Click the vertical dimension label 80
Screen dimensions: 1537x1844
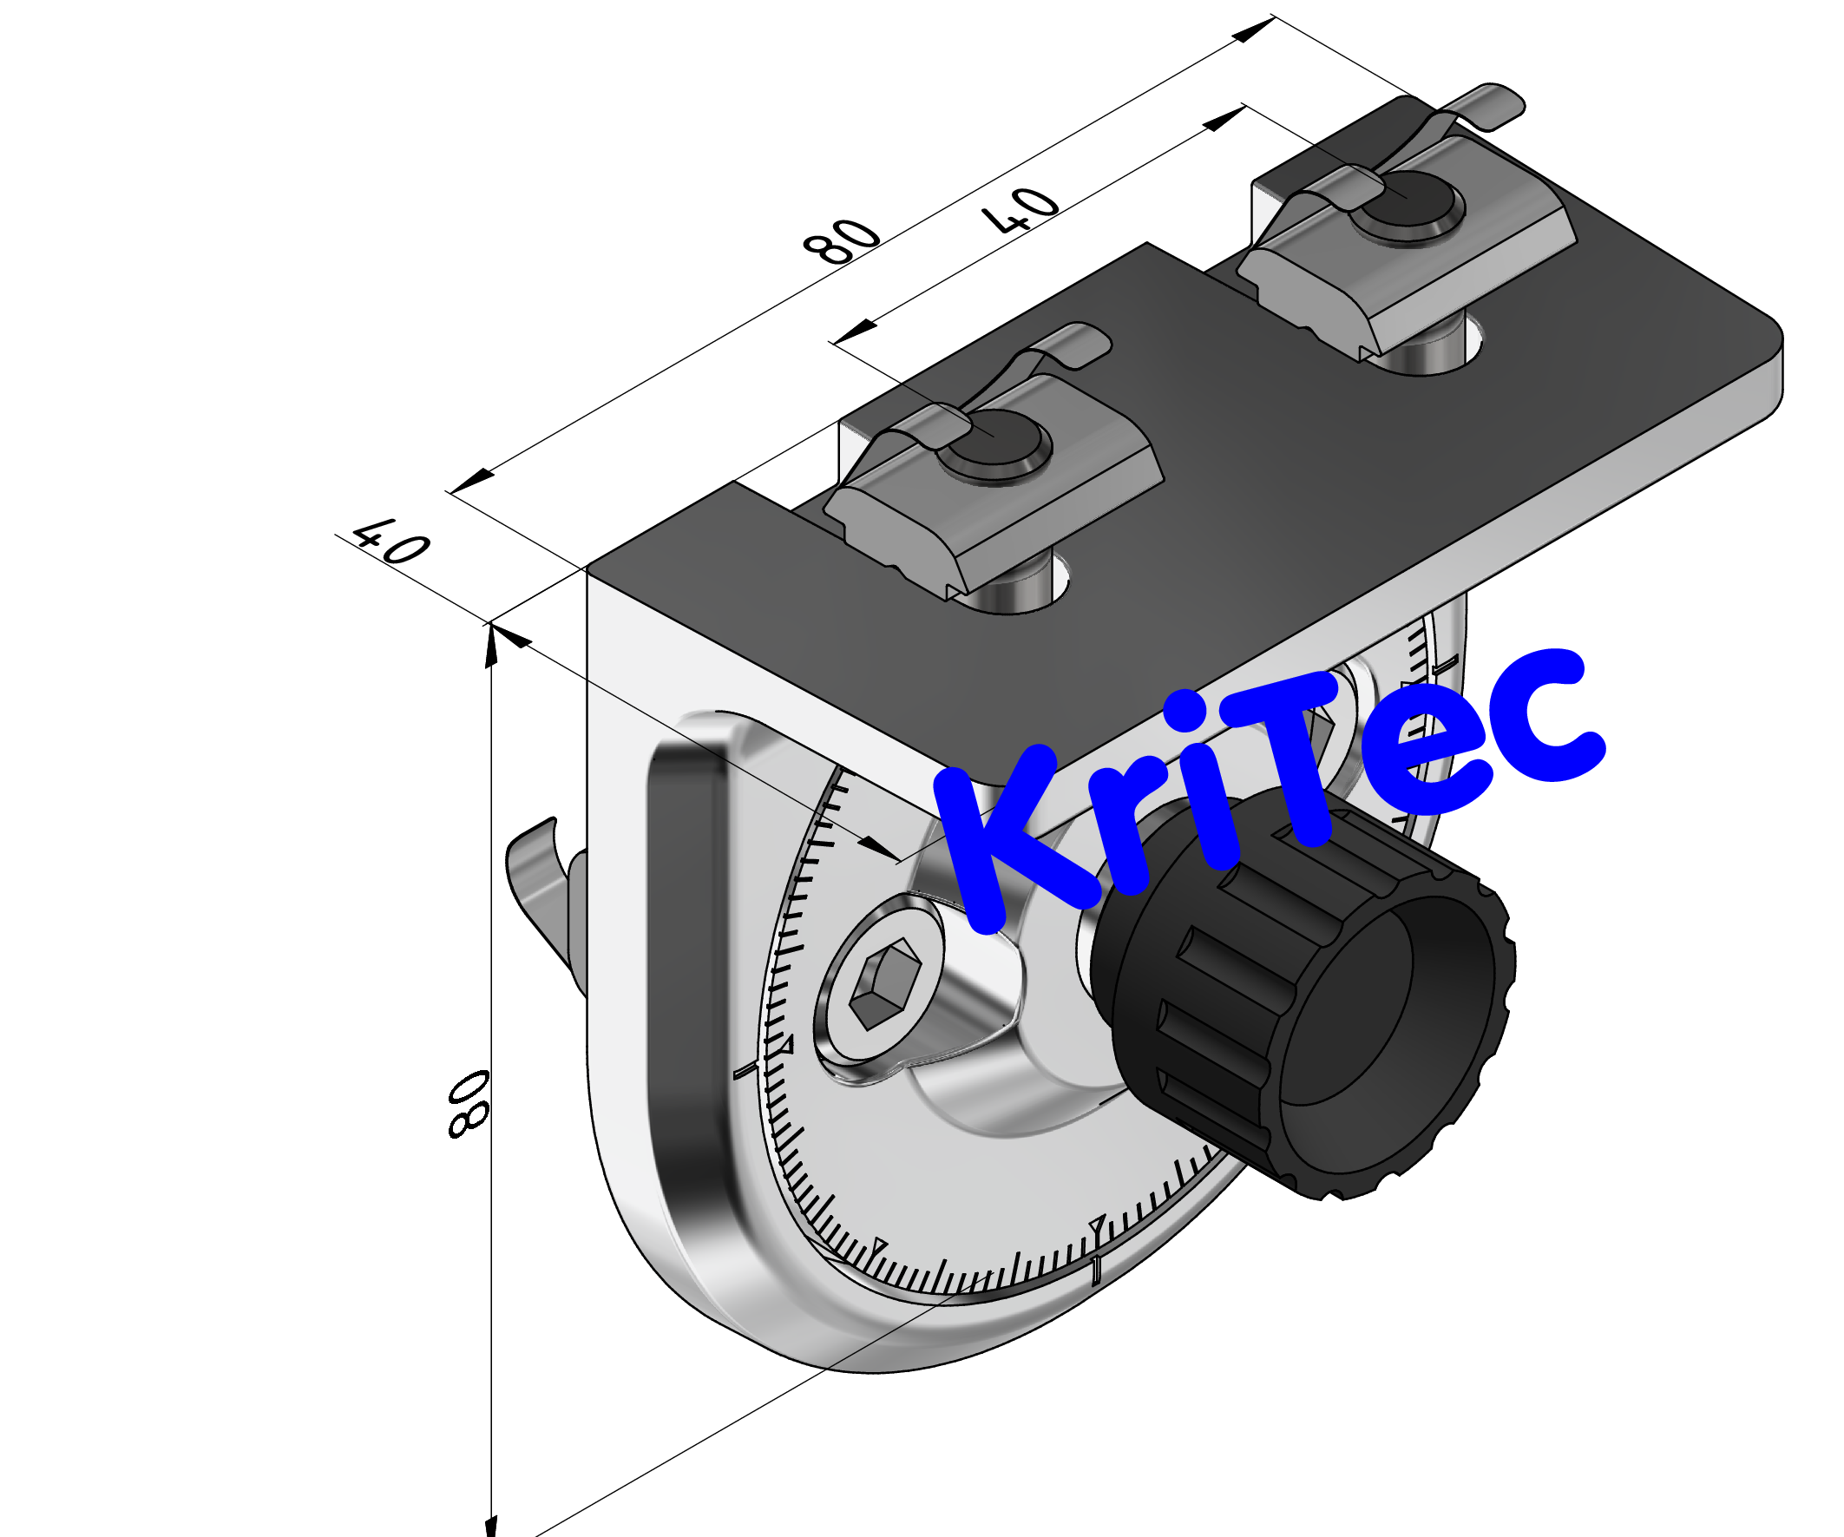(x=468, y=1104)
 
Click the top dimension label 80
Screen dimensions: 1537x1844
(x=840, y=240)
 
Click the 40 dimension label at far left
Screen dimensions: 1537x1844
(x=390, y=541)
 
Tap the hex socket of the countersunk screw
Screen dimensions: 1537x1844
(x=886, y=982)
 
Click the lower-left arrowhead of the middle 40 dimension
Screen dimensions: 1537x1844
(x=854, y=334)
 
